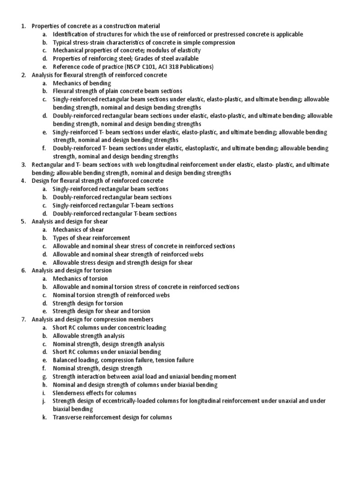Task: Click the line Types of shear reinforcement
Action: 91,238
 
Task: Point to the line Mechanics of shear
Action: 78,230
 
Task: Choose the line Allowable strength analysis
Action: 89,336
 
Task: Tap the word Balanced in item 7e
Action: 65,360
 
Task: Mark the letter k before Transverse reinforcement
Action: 44,417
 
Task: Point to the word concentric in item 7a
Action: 133,328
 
